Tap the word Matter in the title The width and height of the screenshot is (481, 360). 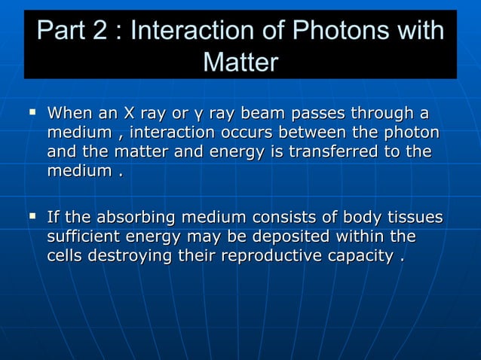240,63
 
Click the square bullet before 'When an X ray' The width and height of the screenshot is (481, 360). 32,113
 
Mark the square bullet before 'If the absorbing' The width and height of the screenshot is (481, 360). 32,218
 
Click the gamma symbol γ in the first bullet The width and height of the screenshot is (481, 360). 198,115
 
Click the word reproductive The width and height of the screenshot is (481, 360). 274,256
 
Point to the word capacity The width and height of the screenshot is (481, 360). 364,257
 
